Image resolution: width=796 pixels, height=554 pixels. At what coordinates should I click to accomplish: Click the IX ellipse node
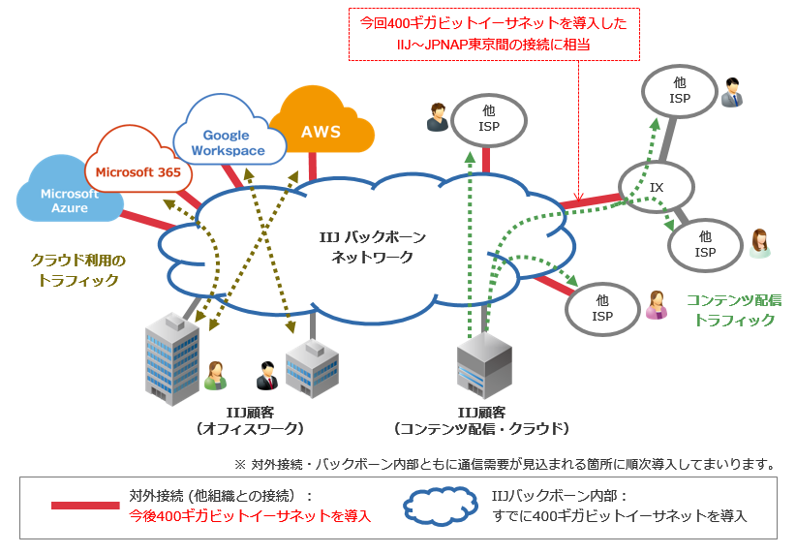click(x=656, y=186)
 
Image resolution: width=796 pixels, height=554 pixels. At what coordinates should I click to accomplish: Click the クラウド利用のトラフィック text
click(x=78, y=270)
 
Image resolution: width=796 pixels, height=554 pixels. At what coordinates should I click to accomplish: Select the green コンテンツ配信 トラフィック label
click(x=734, y=310)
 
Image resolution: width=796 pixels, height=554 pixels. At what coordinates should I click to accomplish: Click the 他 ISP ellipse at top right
click(x=680, y=91)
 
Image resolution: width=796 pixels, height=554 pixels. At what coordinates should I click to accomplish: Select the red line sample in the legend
click(x=84, y=505)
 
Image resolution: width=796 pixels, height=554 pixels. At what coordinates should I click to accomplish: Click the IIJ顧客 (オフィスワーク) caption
click(x=250, y=420)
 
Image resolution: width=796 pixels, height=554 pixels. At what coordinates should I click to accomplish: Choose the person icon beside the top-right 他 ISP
click(x=733, y=93)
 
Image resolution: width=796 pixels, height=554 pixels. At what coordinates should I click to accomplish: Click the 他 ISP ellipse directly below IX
click(x=704, y=242)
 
